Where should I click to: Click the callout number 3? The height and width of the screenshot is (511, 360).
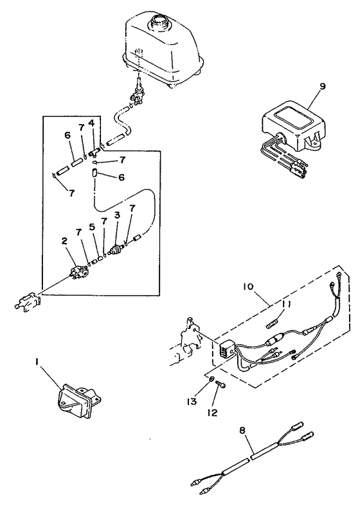[x=117, y=215]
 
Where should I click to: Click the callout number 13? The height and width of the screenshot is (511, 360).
[x=191, y=402]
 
